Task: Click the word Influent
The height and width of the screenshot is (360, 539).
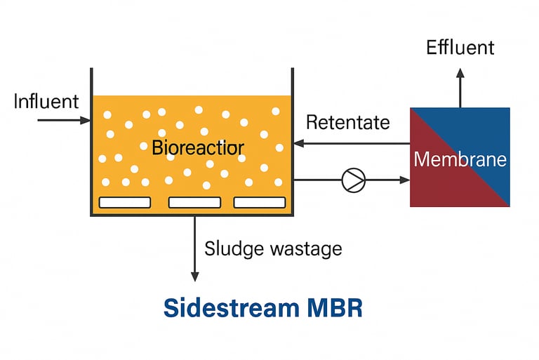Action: (46, 102)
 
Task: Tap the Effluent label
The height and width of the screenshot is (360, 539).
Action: (460, 48)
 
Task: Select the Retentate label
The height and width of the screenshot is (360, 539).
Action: (348, 122)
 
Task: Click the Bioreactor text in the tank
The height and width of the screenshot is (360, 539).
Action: (198, 147)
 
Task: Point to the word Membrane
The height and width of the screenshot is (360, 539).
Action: (460, 159)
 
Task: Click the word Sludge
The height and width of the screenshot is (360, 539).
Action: (234, 249)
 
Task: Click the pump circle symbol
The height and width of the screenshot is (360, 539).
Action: (354, 180)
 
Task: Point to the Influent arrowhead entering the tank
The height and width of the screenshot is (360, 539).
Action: (85, 120)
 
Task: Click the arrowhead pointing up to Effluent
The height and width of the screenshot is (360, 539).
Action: (460, 73)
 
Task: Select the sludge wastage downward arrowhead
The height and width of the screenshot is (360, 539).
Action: (195, 276)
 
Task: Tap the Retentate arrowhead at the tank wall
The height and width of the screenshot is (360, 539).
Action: (299, 143)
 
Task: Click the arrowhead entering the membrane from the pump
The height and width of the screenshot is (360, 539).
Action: (405, 180)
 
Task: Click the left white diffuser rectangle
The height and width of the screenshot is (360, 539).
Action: (125, 203)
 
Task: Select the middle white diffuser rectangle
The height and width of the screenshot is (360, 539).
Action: (194, 203)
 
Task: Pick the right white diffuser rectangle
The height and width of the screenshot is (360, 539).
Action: (260, 203)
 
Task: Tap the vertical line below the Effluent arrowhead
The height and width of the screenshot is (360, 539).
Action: (460, 93)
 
